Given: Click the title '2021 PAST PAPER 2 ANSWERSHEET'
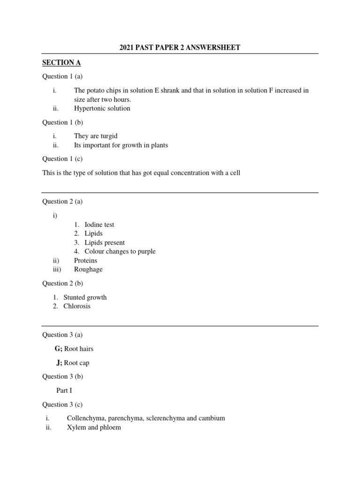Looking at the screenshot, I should pos(180,47).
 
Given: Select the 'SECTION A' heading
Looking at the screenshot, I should pos(58,62).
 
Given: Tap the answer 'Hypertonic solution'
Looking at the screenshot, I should pos(102,108).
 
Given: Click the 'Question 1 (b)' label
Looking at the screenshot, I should pos(62,122).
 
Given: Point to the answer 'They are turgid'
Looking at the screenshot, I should pos(96,136).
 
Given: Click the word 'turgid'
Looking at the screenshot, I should pos(108,136).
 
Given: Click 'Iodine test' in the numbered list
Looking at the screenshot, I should pos(99,225).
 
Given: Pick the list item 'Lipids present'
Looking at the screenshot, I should pos(105,242).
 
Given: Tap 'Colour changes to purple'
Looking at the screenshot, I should pos(120,251).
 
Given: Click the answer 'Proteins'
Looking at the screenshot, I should pos(86,260).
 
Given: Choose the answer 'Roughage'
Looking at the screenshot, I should pos(88,269).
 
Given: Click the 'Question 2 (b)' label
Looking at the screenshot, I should pos(62,283).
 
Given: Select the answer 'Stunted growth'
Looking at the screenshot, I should pos(85,297).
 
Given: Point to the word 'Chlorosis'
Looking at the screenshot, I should pos(77,306).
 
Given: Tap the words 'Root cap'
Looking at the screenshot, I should pos(76,362).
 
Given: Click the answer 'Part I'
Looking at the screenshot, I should pos(64,390).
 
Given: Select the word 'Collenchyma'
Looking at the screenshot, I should pos(85,418).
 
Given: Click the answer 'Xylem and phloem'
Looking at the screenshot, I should pos(94,427).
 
